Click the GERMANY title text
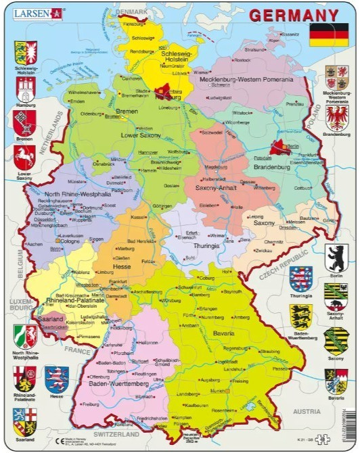pos(294,16)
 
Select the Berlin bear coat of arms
pos(336,258)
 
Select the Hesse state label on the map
pos(122,267)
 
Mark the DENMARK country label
pos(133,12)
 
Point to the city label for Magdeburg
pos(216,166)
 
